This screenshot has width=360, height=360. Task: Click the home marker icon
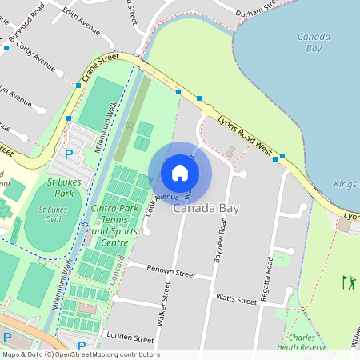coord(180,173)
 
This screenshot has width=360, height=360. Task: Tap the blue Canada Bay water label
coord(314,42)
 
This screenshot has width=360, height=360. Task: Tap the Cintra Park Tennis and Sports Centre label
coord(110,226)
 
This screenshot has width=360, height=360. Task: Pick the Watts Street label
coord(236,299)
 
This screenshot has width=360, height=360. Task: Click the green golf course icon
coord(348,282)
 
